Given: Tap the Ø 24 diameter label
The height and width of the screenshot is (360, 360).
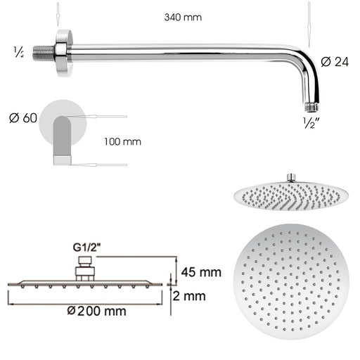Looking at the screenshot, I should (x=335, y=61).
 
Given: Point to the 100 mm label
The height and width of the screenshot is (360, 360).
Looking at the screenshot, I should (x=122, y=141).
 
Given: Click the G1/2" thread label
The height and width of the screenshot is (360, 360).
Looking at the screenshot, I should (x=86, y=247).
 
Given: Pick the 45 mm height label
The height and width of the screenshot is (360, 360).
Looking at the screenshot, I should (x=201, y=271).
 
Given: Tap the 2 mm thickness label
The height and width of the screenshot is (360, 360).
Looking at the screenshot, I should (x=191, y=296).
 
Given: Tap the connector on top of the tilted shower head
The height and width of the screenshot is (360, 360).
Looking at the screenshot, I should (x=290, y=176).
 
